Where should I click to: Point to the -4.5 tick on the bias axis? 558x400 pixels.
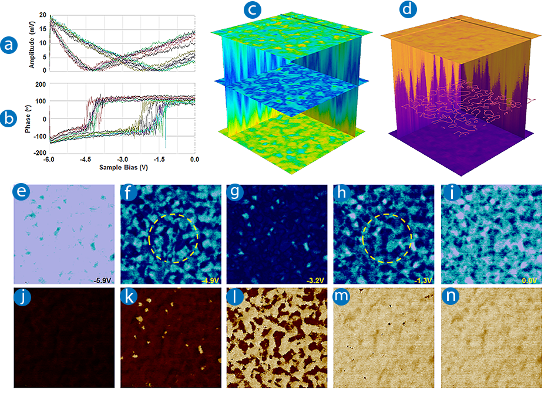(x=86, y=159)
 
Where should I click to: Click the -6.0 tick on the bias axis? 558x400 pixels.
(x=50, y=159)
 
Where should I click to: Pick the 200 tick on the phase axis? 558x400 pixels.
(x=41, y=84)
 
